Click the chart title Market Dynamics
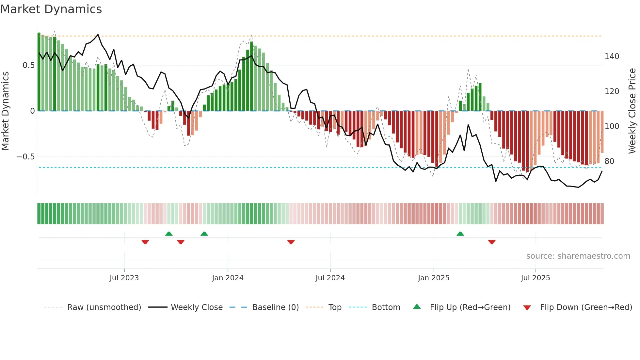coord(51,9)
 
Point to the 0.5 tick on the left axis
coord(28,65)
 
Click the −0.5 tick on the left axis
coord(25,157)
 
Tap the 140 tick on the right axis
coord(612,57)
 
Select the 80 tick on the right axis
coord(609,161)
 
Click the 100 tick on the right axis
coord(612,126)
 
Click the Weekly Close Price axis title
coord(632,111)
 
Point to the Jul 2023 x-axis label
coord(124,278)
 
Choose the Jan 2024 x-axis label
coord(228,278)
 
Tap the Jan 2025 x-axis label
coord(434,278)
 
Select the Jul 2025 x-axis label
coord(536,278)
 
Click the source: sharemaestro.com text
coord(578,256)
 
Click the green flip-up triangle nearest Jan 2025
coord(460,234)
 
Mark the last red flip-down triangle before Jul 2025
coord(492,242)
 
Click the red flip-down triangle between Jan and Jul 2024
coord(291,242)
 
